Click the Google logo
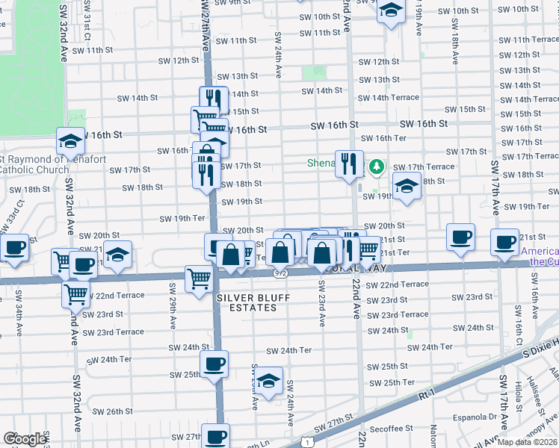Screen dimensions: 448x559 coord(25,439)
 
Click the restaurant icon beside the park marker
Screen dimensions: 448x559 coord(349,164)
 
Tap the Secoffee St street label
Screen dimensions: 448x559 coord(391,429)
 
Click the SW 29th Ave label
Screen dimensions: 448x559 coord(173,309)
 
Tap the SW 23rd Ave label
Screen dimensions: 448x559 coord(322,305)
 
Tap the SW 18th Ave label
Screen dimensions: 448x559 coord(454,46)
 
